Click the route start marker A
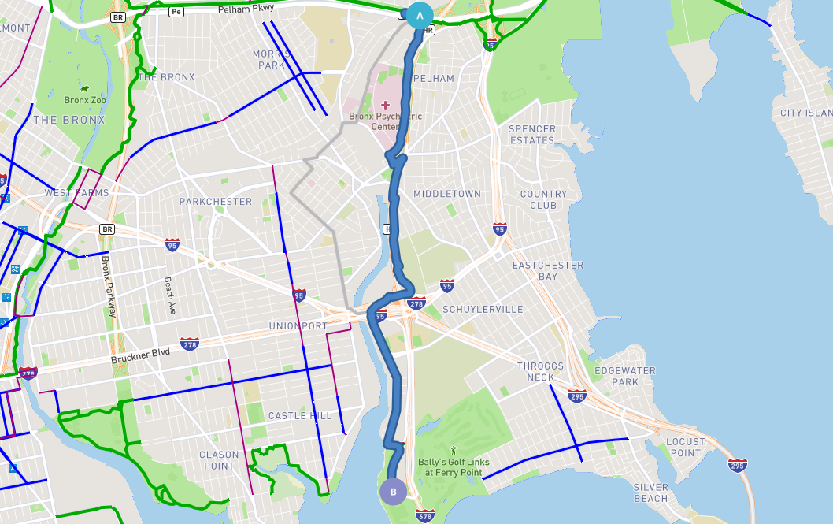tap(419, 15)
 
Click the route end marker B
tap(393, 491)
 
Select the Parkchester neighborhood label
tap(216, 202)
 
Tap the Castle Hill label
tap(300, 415)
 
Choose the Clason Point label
tap(219, 460)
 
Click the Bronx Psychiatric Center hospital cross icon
tap(385, 105)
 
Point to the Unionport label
tap(298, 326)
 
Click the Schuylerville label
tap(483, 310)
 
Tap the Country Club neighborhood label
tap(543, 199)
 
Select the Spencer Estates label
tap(532, 135)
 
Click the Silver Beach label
tap(650, 492)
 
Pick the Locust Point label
tap(685, 448)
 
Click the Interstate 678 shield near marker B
tap(424, 516)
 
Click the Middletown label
tap(447, 194)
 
